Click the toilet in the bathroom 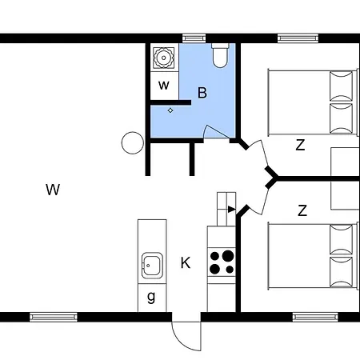[x=220, y=55]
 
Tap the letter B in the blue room [x=202, y=93]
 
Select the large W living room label [x=53, y=190]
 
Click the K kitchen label [x=186, y=262]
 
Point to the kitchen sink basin [x=152, y=266]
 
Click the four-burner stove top [x=222, y=262]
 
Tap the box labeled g [x=152, y=298]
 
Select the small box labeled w [x=164, y=86]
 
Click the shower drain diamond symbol [x=170, y=110]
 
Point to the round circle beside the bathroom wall [x=133, y=143]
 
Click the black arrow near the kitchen [x=231, y=210]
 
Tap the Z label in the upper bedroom [x=300, y=145]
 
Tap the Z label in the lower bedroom [x=302, y=210]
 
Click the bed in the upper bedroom [x=313, y=102]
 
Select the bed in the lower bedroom [x=313, y=256]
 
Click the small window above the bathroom [x=194, y=38]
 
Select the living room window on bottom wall [x=54, y=317]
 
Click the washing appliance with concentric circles [x=164, y=58]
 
